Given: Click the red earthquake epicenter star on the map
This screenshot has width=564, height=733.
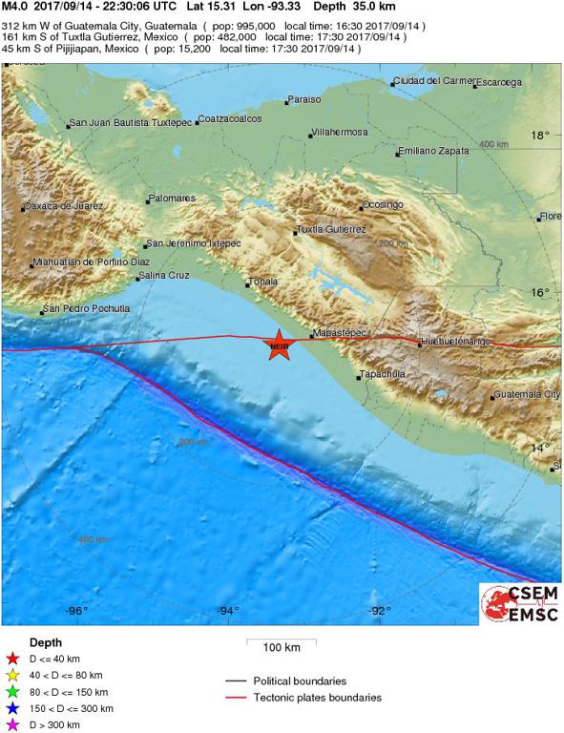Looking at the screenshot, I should click(278, 346).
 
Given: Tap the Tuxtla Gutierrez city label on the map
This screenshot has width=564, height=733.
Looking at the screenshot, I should click(331, 230).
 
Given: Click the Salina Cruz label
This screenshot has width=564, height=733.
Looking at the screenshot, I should click(164, 276).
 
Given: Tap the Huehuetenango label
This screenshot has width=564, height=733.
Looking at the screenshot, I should click(455, 341).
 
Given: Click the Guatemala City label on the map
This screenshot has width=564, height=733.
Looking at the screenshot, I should click(527, 394).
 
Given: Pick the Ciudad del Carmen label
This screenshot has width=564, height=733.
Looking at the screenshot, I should click(431, 81).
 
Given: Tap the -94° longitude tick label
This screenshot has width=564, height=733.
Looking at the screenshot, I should click(227, 611).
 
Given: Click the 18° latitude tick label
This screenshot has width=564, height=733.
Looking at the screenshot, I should click(540, 136).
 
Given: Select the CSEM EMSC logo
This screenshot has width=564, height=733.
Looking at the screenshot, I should click(520, 604).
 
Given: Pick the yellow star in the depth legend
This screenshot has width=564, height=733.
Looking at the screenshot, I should click(12, 675).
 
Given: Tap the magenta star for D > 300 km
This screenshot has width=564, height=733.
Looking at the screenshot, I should click(12, 725).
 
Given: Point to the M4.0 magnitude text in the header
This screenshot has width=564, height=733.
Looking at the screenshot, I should click(15, 6).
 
